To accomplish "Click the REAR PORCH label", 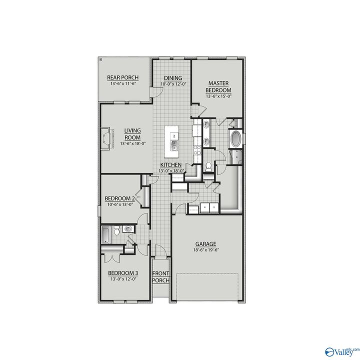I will coord(122,77).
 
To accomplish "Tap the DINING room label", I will coord(172,78).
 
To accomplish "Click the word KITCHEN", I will coord(170,165).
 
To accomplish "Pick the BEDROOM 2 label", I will coord(119,198).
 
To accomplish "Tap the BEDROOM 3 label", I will coord(123,272).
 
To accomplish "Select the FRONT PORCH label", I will coord(161,276).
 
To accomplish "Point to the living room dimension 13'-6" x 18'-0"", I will coord(132,144).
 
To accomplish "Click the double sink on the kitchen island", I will coord(174,146).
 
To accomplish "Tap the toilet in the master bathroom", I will coord(208,166).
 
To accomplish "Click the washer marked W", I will coord(205,206).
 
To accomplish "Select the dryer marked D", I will coord(213,206).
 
